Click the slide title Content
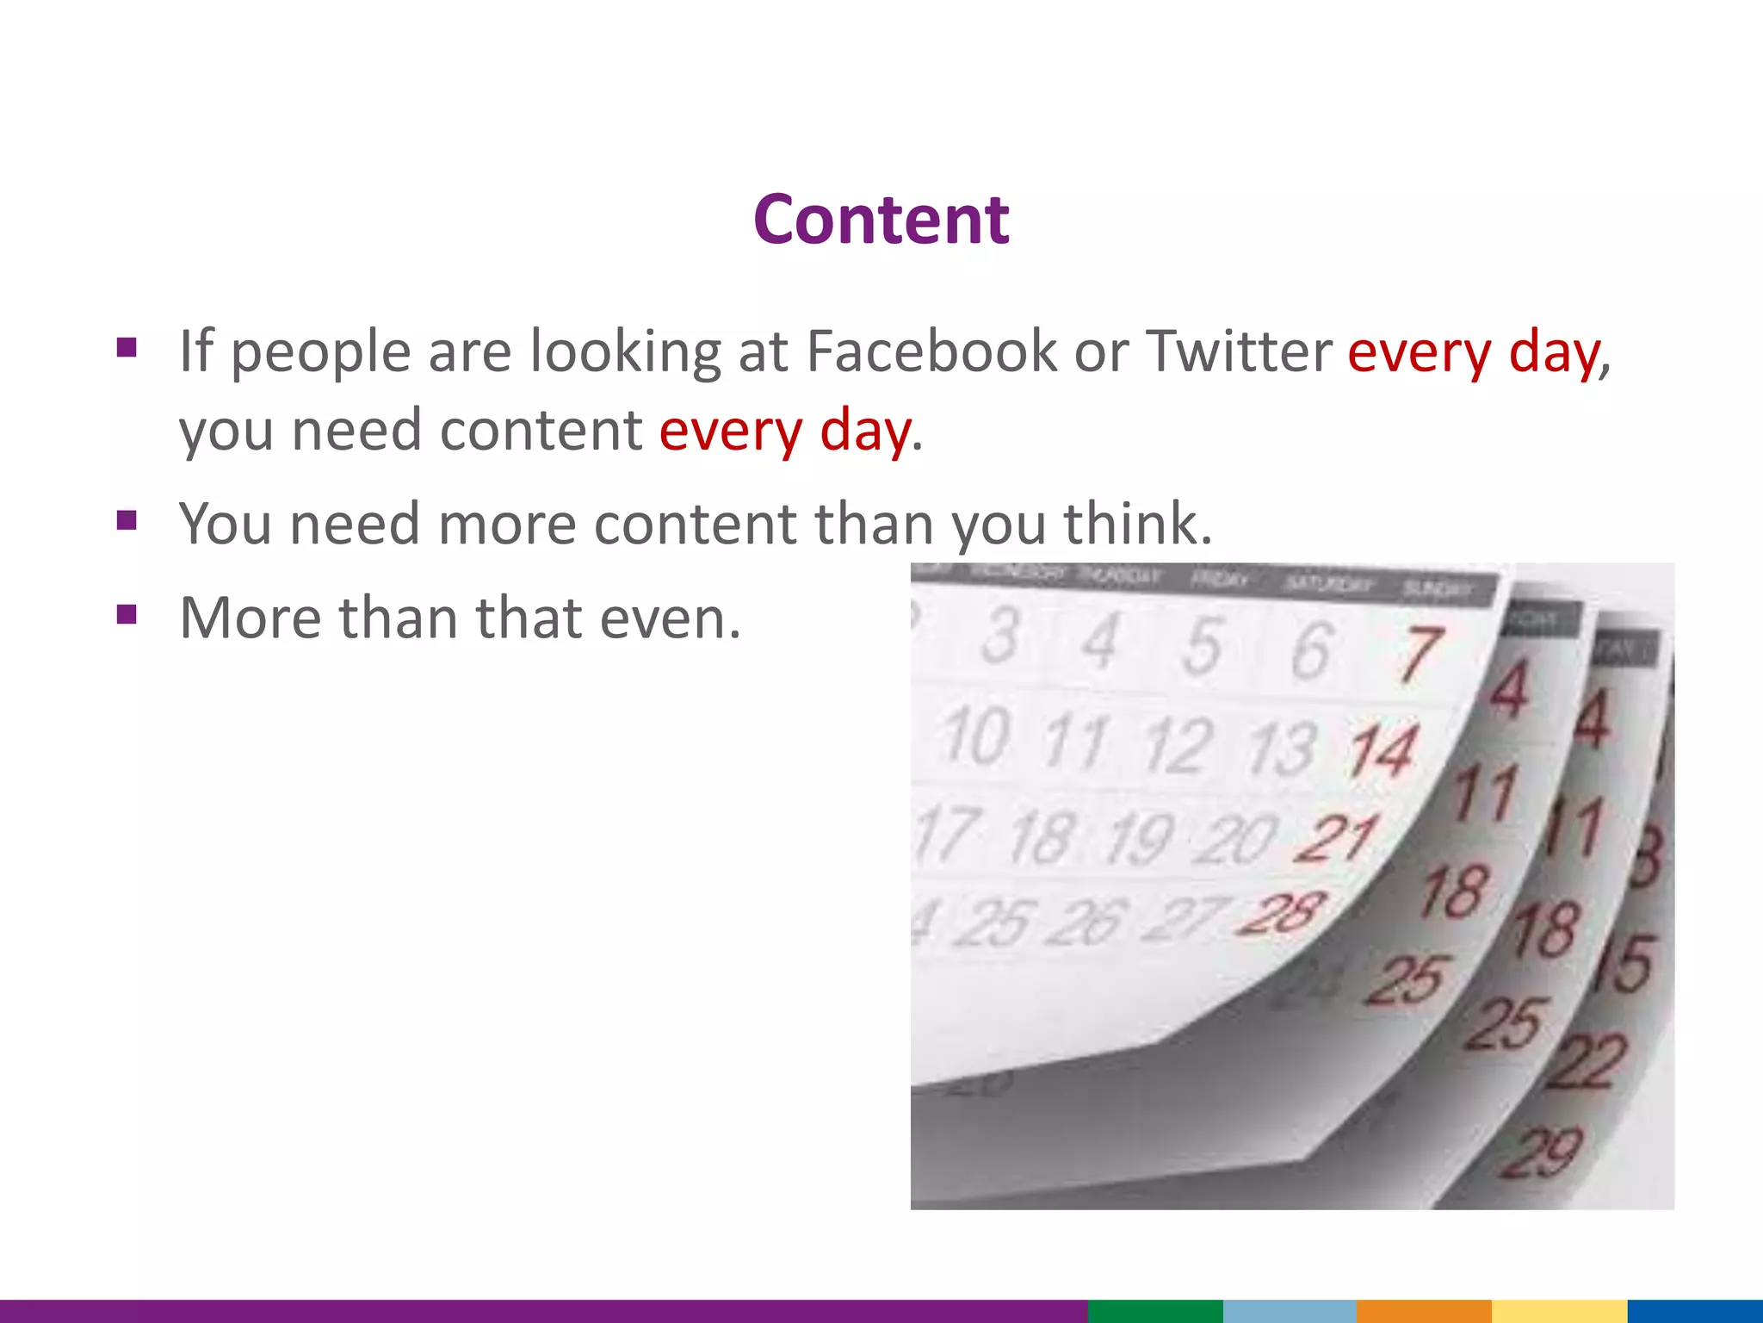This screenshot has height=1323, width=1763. pyautogui.click(x=881, y=220)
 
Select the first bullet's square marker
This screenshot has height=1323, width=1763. pyautogui.click(x=127, y=348)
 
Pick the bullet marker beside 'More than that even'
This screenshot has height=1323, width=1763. pyautogui.click(x=127, y=614)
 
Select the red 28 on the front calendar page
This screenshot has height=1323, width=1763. pyautogui.click(x=1281, y=913)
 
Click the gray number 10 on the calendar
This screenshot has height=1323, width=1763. pyautogui.click(x=977, y=736)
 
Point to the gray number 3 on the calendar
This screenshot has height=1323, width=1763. pyautogui.click(x=1000, y=636)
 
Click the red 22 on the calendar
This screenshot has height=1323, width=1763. pyautogui.click(x=1587, y=1061)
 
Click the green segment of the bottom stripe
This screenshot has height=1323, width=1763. pyautogui.click(x=1154, y=1311)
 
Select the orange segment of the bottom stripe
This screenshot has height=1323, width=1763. pyautogui.click(x=1424, y=1311)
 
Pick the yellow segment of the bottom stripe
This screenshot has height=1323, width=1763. pyautogui.click(x=1559, y=1311)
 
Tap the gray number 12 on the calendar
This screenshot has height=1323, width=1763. pyautogui.click(x=1178, y=744)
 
